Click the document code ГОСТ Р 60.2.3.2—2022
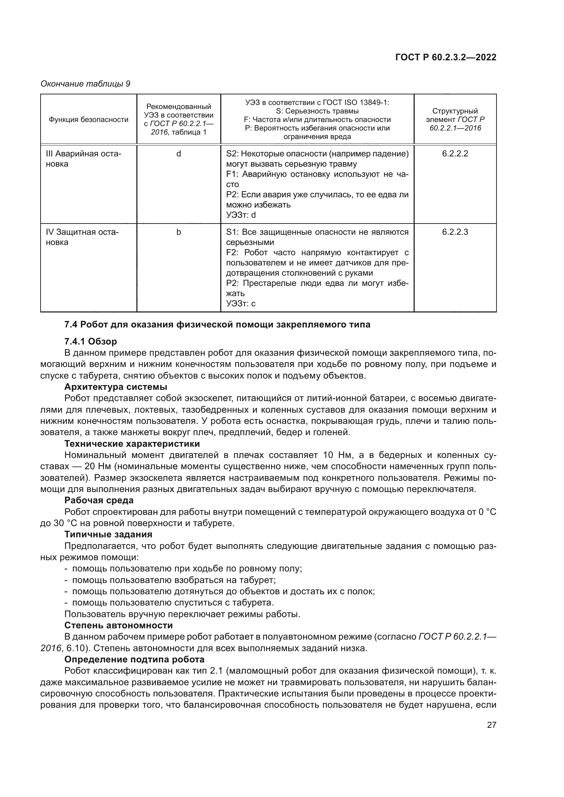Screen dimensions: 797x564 446,58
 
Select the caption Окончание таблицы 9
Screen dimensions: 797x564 85,84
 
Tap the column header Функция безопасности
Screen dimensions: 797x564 88,120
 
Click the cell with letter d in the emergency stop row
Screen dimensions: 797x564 178,154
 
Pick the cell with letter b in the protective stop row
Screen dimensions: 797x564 178,232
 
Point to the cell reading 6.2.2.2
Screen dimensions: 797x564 455,154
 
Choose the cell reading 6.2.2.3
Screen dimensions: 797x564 455,232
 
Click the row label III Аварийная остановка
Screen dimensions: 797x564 83,159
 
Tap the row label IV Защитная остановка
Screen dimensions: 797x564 82,237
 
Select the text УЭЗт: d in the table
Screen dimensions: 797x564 241,215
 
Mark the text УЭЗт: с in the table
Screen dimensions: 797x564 241,303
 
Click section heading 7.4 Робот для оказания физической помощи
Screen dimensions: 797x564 218,325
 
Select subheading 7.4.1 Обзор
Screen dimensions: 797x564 91,341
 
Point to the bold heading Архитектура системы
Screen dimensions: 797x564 116,387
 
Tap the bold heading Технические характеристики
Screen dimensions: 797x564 132,444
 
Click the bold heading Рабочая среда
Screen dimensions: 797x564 99,500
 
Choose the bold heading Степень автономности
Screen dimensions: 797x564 118,625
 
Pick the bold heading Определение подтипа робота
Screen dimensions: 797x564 134,659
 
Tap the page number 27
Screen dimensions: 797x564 491,725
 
